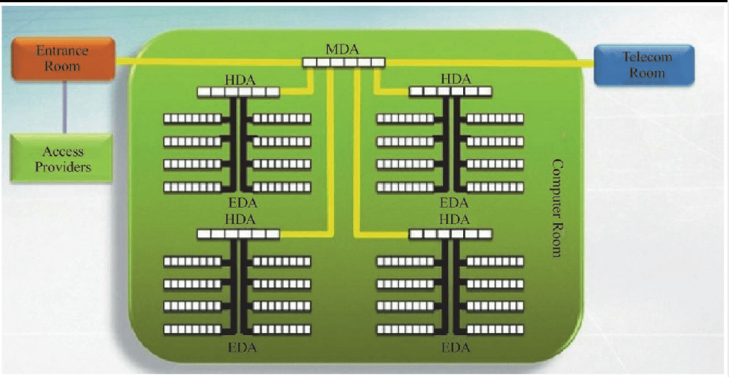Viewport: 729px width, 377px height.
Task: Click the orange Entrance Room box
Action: click(63, 58)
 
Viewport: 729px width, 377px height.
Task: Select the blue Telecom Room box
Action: click(644, 65)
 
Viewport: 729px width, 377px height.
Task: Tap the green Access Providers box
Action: click(61, 158)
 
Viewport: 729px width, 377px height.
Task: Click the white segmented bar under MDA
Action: click(344, 62)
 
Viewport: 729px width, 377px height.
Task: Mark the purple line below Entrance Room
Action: click(64, 107)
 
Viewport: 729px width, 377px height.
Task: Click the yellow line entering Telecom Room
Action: click(489, 63)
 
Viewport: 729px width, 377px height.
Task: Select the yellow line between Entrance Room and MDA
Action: click(208, 62)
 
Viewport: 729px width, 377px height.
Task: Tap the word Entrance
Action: click(63, 51)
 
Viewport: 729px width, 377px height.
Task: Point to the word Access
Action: click(63, 152)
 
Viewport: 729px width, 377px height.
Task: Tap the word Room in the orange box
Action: click(63, 66)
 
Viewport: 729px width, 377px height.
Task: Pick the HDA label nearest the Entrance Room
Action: click(240, 80)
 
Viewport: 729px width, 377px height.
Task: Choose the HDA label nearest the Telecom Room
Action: click(456, 80)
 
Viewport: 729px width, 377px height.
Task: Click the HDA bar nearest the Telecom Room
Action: click(450, 92)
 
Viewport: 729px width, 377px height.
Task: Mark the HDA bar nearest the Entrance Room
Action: click(238, 92)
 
